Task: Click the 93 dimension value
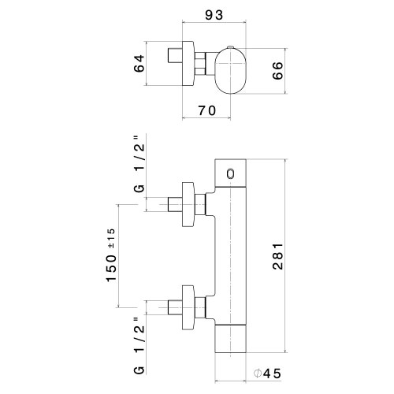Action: pos(214,15)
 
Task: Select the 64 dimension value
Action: pos(139,63)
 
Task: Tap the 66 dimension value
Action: pos(277,70)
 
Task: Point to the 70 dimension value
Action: pos(207,110)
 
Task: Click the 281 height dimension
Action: pos(277,256)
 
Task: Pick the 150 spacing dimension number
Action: pos(111,268)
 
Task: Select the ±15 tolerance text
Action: pos(111,239)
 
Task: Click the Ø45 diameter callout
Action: pos(267,374)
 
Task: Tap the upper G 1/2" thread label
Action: pos(139,164)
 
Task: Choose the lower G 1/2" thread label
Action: pos(139,346)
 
